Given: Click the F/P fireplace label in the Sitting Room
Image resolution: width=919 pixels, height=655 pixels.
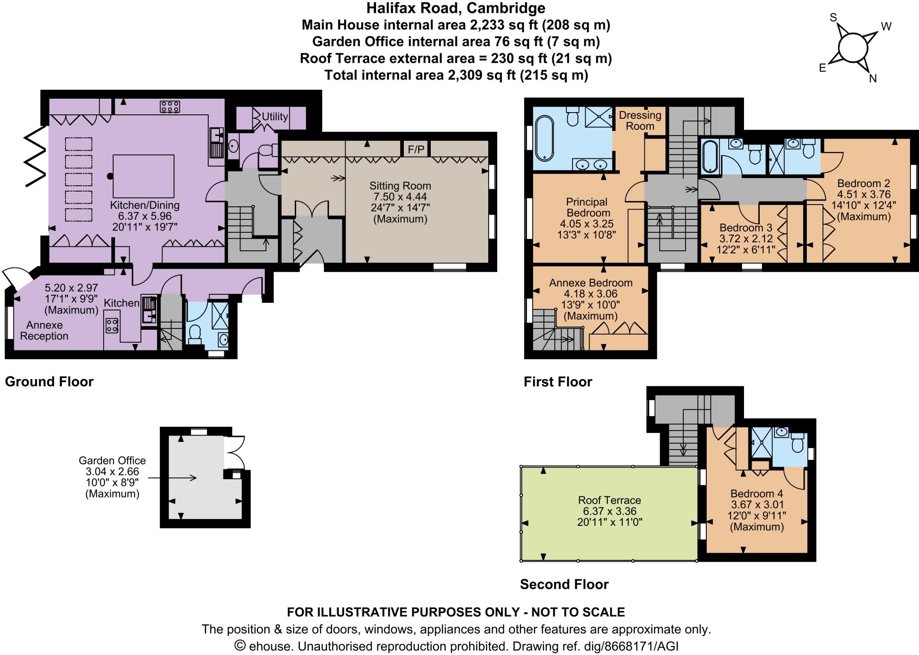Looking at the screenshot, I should tap(416, 149).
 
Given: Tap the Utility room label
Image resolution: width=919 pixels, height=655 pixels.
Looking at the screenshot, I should tap(275, 116).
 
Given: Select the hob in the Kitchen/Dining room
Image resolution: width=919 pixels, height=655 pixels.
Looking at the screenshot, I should tap(170, 107).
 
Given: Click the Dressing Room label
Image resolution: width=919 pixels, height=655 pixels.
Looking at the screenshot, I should tap(640, 120).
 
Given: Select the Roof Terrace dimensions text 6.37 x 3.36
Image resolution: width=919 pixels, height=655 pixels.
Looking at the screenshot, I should tap(609, 511).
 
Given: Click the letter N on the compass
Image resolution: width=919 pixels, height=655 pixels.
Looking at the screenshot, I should tap(873, 79).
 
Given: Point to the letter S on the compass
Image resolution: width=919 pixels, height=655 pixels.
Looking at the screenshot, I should tap(833, 17).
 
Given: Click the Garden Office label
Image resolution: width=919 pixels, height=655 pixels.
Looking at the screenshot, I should tap(112, 460).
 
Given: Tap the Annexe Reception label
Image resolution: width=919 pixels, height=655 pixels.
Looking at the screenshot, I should tap(44, 330).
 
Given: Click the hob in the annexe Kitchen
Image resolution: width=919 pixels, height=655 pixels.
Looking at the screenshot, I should tap(112, 325).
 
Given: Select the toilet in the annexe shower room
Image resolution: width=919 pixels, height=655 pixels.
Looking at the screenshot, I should tap(195, 334).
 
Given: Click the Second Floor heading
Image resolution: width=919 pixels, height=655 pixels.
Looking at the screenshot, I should tap(564, 584).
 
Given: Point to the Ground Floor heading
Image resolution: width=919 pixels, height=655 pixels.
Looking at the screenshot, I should tap(49, 381).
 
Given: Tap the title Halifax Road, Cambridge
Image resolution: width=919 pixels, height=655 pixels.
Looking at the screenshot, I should tap(456, 8).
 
